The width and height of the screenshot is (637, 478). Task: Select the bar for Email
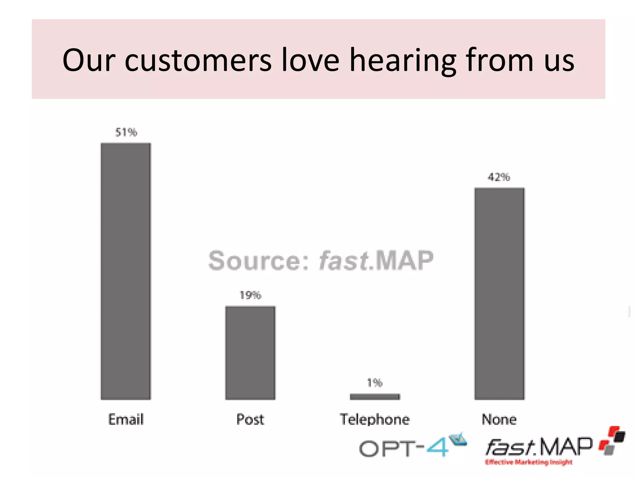pos(126,271)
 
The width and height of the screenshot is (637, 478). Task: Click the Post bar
pos(250,353)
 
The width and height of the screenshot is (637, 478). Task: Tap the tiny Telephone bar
pos(375,396)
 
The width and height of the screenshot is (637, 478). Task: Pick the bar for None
pos(499,293)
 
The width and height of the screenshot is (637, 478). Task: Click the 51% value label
pos(126,132)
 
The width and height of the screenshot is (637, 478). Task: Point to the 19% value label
pos(250,295)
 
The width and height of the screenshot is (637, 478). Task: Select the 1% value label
pos(375,382)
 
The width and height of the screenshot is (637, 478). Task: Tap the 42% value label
pos(499,177)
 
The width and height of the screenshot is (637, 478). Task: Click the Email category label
pos(126,419)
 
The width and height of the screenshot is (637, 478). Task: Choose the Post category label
pos(250,419)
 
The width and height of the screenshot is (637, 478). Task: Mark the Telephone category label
pos(375,419)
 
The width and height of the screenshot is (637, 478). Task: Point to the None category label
pos(499,419)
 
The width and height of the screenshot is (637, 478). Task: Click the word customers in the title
pos(198,60)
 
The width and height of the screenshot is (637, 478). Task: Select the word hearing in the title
pos(403,60)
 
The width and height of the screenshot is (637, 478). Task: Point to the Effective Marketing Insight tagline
pos(529,462)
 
